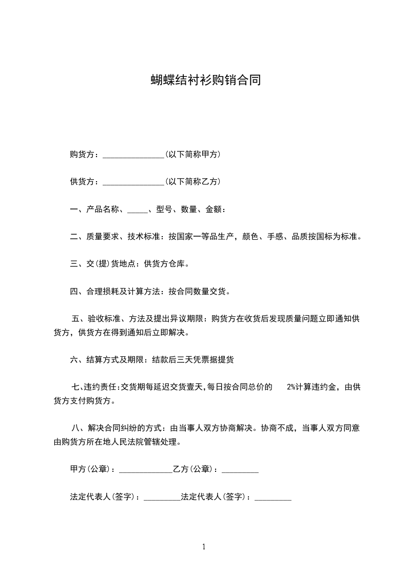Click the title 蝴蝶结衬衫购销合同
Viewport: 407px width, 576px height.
point(205,80)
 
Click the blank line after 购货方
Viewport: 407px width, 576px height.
point(133,155)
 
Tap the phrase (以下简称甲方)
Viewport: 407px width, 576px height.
point(193,154)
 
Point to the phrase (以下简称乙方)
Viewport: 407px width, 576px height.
point(193,182)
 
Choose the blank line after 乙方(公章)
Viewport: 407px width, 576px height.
point(240,470)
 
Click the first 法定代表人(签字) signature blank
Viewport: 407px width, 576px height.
point(162,498)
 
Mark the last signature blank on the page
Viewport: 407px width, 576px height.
point(273,498)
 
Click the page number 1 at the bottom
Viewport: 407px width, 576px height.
point(204,547)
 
